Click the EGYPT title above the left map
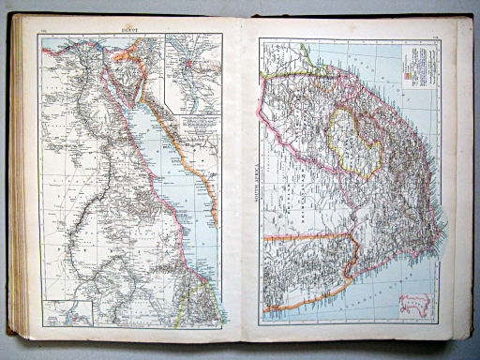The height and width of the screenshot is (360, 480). tap(129, 31)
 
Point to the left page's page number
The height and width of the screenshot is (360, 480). tap(44, 32)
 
